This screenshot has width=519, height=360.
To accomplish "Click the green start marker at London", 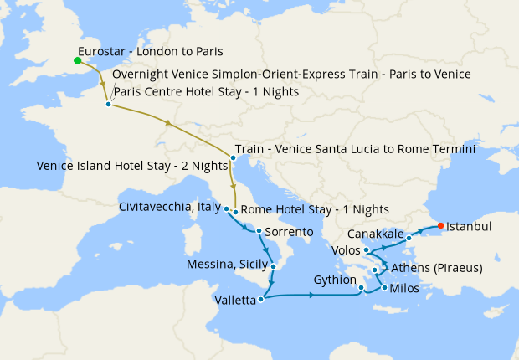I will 77,60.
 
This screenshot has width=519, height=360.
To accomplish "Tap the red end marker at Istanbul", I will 441,225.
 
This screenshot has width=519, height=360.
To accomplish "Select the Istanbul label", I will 469,226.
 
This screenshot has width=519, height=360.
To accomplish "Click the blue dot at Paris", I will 109,105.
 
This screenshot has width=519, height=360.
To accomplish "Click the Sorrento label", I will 290,231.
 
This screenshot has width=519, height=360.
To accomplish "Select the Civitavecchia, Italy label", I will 170,206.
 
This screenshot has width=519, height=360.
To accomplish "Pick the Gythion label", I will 335,280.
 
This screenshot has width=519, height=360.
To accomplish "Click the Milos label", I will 406,288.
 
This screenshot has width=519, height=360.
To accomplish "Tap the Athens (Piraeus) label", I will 437,269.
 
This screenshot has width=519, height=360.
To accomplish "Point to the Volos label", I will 346,249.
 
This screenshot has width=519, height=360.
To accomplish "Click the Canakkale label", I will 375,233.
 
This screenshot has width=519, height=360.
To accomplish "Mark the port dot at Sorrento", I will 259,231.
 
